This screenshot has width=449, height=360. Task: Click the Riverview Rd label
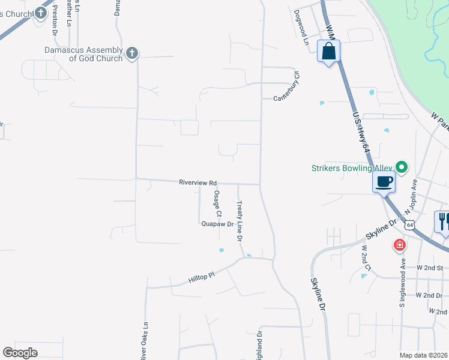tap(197, 182)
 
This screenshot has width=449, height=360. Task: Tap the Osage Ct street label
tap(218, 204)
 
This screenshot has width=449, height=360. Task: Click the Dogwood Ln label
tap(301, 28)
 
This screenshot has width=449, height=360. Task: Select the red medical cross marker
tap(399, 245)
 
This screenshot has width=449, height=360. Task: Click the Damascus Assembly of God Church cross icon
tap(132, 54)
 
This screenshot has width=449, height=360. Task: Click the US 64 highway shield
tap(409, 225)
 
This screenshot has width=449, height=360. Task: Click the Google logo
tap(20, 353)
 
